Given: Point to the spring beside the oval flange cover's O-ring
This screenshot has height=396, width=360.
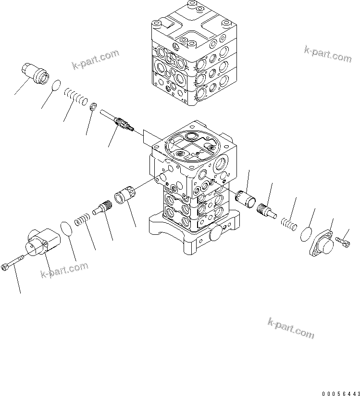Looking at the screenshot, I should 287,223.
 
